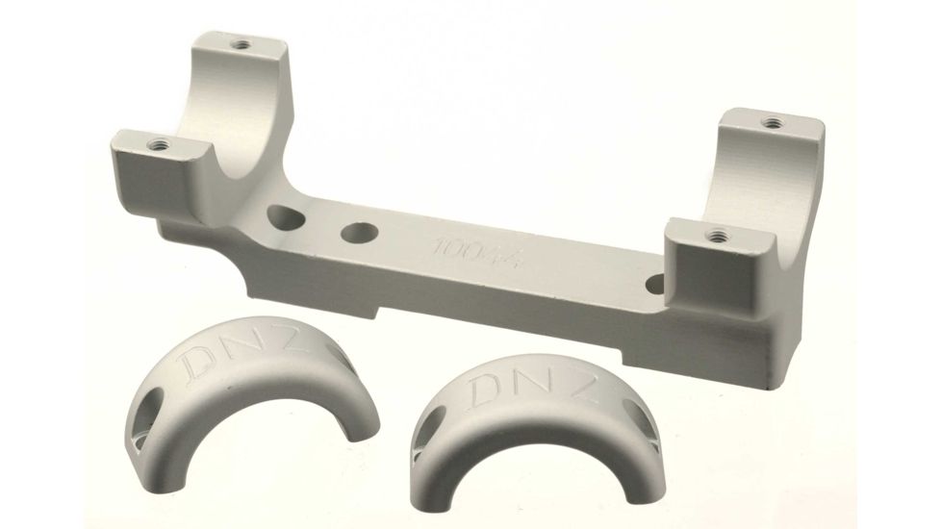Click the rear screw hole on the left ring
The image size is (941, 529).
pyautogui.click(x=238, y=44)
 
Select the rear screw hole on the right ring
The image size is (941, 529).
pyautogui.click(x=772, y=122)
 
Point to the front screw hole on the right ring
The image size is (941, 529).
pyautogui.click(x=717, y=233)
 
